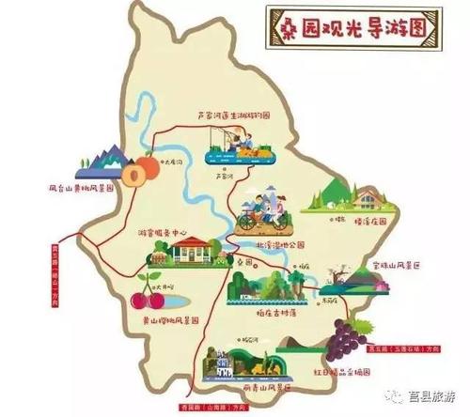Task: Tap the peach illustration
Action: click(144, 171)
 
